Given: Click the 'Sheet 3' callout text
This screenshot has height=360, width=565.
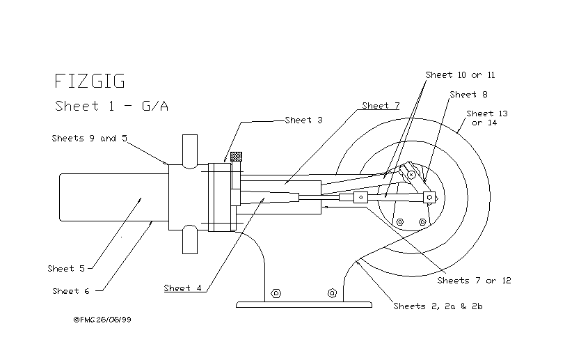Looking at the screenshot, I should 303,120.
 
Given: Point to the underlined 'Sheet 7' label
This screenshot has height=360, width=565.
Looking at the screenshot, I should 381,106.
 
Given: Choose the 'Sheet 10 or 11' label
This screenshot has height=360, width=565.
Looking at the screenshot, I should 460,75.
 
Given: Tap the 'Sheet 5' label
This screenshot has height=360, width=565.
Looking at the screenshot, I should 65,268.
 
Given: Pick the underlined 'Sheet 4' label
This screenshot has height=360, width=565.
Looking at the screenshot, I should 183,288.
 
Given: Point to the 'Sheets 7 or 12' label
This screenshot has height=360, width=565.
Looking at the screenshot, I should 474,281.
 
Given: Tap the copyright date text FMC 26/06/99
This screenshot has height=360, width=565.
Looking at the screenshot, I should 102,320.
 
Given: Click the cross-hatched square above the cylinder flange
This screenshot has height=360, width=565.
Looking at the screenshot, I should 237,157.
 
